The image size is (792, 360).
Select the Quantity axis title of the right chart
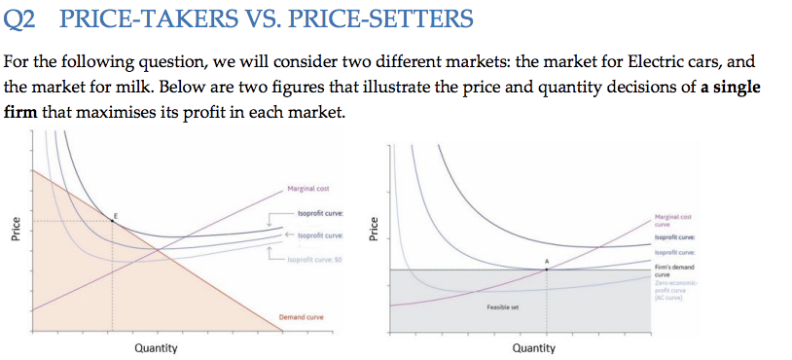[534, 347]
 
